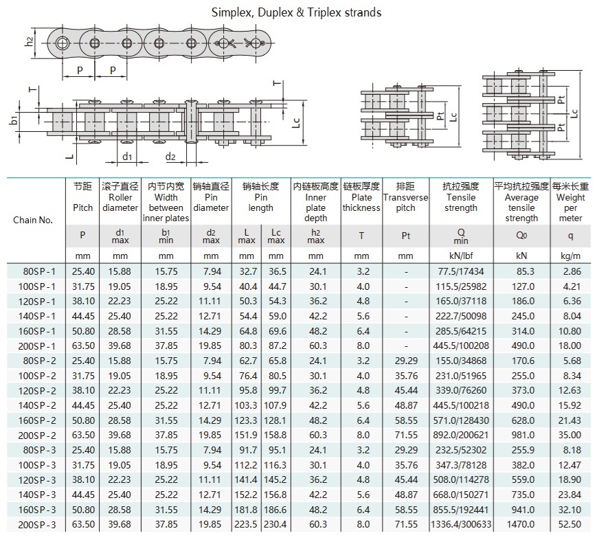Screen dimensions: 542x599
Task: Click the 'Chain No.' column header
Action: coord(33,220)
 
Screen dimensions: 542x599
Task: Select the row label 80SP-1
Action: coord(38,271)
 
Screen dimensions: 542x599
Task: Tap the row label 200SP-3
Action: coord(38,526)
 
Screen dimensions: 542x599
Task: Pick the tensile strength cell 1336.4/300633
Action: coord(460,526)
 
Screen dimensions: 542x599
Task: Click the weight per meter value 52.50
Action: coord(571,526)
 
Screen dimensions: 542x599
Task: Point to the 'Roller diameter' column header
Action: coord(120,197)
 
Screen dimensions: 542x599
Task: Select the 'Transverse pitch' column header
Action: coord(405,197)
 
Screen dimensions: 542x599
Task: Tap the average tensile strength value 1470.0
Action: coord(521,526)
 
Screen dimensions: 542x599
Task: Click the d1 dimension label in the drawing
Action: coord(128,157)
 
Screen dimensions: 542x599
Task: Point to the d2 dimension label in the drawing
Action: coord(170,157)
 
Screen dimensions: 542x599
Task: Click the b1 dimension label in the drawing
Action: coord(14,121)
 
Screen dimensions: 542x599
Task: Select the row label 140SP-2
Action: coord(38,405)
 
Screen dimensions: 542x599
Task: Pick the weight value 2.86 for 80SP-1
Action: coord(572,271)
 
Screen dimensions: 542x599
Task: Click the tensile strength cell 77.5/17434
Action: coord(460,271)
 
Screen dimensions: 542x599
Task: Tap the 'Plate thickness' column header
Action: coord(361,197)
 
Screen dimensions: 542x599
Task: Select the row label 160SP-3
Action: coord(38,510)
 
